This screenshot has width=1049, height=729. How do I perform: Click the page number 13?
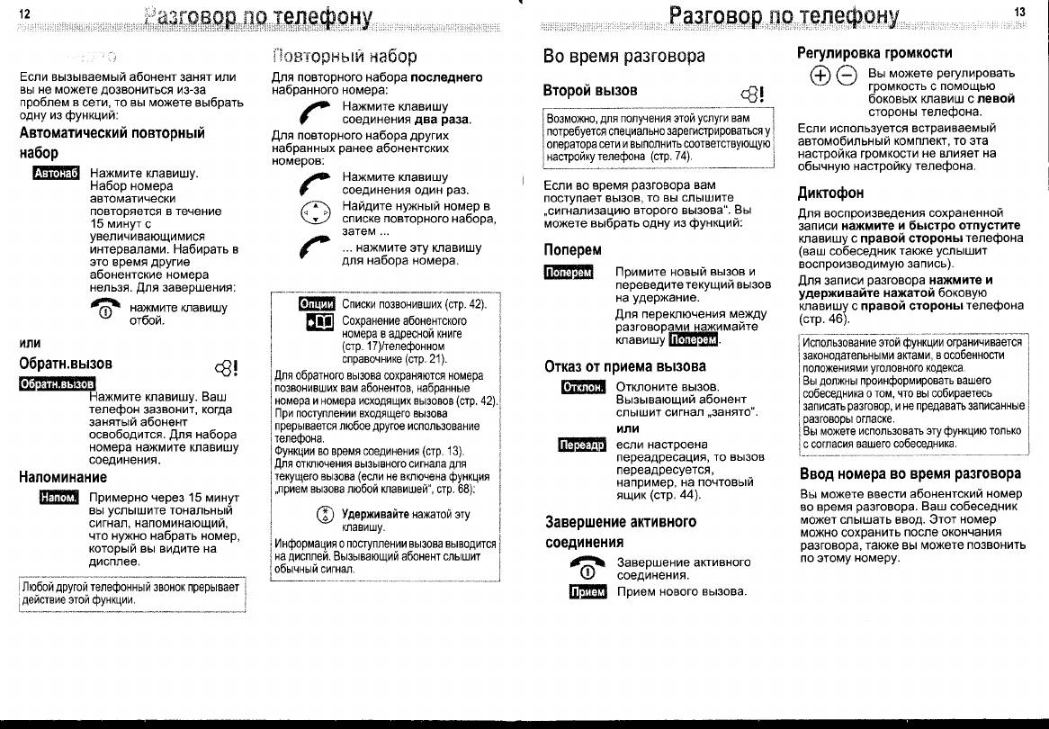1018,12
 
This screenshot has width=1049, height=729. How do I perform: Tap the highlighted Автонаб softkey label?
57,173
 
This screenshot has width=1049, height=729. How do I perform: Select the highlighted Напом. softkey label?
58,498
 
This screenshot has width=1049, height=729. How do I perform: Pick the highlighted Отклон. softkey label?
582,387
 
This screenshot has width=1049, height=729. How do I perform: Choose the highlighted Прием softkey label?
588,591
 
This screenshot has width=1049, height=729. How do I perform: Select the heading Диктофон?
830,193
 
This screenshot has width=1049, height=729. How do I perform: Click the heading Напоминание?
63,477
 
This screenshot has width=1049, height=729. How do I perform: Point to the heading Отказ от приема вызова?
625,366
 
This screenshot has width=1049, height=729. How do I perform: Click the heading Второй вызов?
590,90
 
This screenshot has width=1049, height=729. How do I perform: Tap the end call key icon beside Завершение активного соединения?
585,568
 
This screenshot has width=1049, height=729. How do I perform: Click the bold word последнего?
446,77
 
